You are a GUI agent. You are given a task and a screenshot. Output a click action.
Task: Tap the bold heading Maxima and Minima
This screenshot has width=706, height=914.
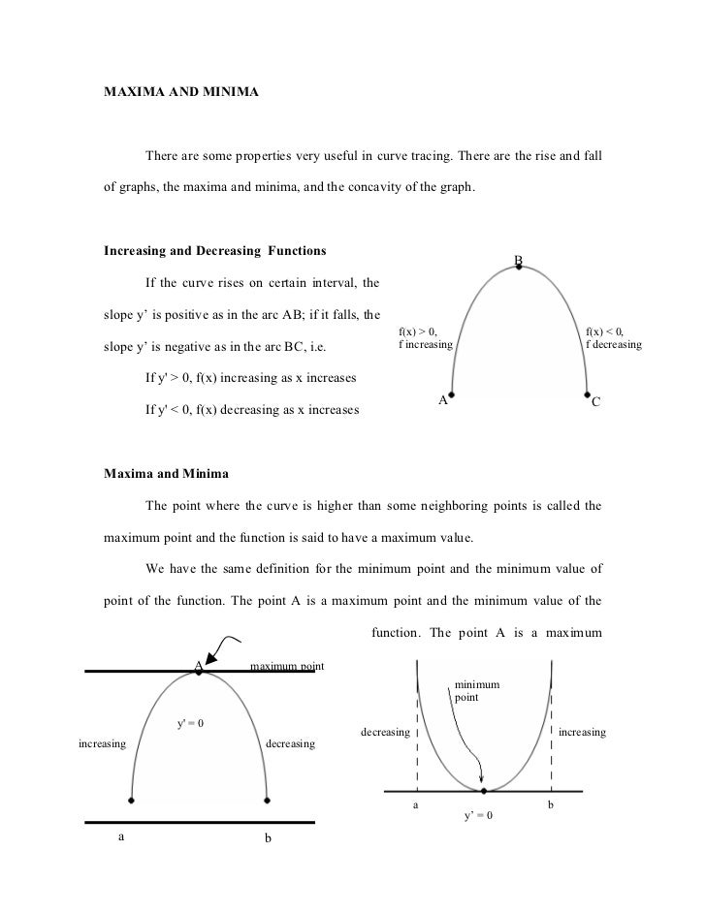(166, 474)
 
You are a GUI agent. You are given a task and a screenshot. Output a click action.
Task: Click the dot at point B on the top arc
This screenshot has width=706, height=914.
(519, 267)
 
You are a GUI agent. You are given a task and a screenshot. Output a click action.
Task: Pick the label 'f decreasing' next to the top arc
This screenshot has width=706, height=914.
(612, 344)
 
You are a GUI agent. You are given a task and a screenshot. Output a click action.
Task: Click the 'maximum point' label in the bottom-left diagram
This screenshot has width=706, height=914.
(287, 666)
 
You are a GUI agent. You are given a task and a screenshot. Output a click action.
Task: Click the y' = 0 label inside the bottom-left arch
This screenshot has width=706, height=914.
(189, 724)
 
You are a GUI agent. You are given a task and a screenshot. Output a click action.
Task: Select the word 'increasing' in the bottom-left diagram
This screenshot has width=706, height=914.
(102, 744)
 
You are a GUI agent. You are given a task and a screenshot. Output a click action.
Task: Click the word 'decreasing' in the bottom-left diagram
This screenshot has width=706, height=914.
(290, 744)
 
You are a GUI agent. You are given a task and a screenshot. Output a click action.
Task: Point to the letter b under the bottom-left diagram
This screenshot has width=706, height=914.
(268, 838)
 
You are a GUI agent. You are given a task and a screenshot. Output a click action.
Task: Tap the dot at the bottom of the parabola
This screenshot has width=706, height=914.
(482, 789)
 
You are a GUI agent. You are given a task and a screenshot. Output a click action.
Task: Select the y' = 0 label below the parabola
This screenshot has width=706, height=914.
(479, 815)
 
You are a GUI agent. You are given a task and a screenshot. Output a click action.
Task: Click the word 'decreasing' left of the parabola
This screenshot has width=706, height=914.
(384, 732)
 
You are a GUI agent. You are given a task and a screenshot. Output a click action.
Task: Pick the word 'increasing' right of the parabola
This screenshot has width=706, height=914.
(583, 732)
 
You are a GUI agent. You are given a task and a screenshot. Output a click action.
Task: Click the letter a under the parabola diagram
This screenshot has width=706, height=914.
(416, 805)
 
